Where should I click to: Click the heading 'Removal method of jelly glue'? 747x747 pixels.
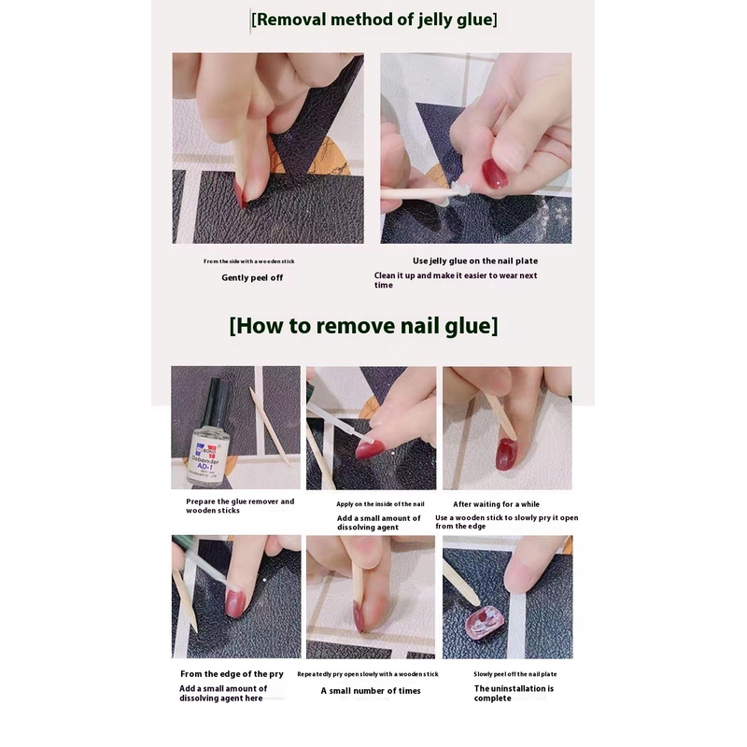pos(374,20)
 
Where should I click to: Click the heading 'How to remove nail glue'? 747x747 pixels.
pos(363,326)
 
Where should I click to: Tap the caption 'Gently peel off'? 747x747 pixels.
pos(252,277)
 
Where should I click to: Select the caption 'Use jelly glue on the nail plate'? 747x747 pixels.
pos(475,261)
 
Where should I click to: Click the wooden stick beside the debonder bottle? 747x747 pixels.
pos(270,426)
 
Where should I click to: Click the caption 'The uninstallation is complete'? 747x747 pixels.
pos(514,693)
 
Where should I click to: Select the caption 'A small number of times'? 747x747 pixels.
pos(371,691)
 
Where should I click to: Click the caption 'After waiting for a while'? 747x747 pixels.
pos(496,504)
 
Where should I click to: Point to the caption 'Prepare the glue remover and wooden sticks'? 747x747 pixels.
pos(240,506)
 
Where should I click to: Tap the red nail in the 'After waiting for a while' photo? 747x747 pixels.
pos(506,455)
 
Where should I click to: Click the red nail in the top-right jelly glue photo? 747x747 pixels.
pos(495,173)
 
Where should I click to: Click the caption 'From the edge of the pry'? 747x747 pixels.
pos(232,674)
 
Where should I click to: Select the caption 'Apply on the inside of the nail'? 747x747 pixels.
pos(380,504)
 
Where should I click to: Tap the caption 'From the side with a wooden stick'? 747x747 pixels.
pos(248,261)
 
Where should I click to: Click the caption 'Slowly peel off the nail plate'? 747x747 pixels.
pos(515,674)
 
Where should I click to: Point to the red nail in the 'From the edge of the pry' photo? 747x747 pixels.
pos(235,603)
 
